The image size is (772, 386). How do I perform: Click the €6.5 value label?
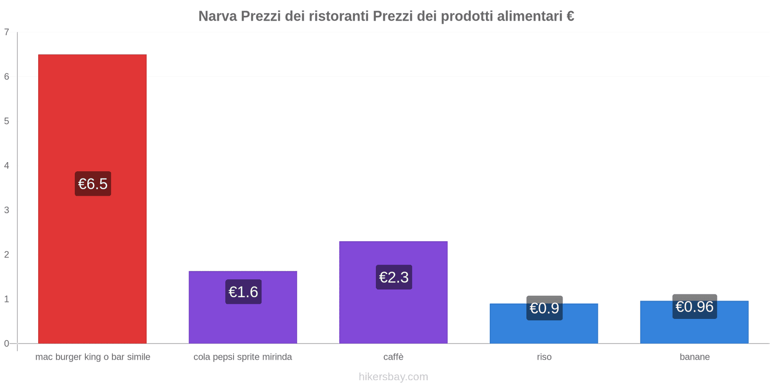(x=93, y=184)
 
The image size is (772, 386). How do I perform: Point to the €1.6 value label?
(x=243, y=292)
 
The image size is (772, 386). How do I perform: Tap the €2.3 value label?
(x=394, y=277)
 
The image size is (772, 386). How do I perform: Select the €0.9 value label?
(x=544, y=308)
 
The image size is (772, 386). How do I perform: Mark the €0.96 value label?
(x=694, y=306)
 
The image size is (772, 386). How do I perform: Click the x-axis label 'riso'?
(x=544, y=357)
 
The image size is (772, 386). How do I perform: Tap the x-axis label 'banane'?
(x=694, y=357)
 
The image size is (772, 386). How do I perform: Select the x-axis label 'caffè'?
(x=393, y=357)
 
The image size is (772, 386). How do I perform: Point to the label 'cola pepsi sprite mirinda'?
(x=243, y=357)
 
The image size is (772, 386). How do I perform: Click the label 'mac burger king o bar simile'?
(x=93, y=357)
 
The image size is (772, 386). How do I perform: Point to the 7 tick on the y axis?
(x=7, y=32)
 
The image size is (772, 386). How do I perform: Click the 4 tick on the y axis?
(x=7, y=165)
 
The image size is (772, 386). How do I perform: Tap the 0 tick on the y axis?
(x=7, y=344)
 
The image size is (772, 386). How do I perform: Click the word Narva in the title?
(x=218, y=16)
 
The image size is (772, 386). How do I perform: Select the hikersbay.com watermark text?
(x=393, y=377)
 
